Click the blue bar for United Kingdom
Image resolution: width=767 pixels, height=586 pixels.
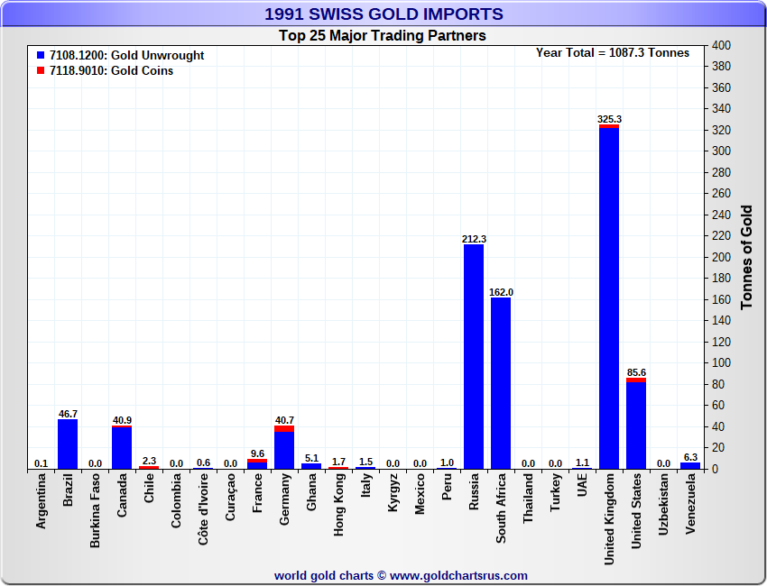point(609,298)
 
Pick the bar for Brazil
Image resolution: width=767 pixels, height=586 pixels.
point(68,444)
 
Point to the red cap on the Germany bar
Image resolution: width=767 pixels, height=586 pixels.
point(284,429)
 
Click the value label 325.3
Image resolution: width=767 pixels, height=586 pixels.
point(609,119)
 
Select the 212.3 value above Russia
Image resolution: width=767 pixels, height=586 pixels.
point(474,239)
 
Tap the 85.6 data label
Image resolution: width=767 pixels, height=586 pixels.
point(636,372)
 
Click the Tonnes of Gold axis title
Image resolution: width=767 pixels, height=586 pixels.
point(746,257)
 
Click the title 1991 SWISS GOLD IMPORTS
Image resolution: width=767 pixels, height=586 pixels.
point(383,14)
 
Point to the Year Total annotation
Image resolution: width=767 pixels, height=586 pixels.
point(613,53)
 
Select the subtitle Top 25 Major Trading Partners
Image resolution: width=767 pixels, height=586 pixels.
point(383,36)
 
